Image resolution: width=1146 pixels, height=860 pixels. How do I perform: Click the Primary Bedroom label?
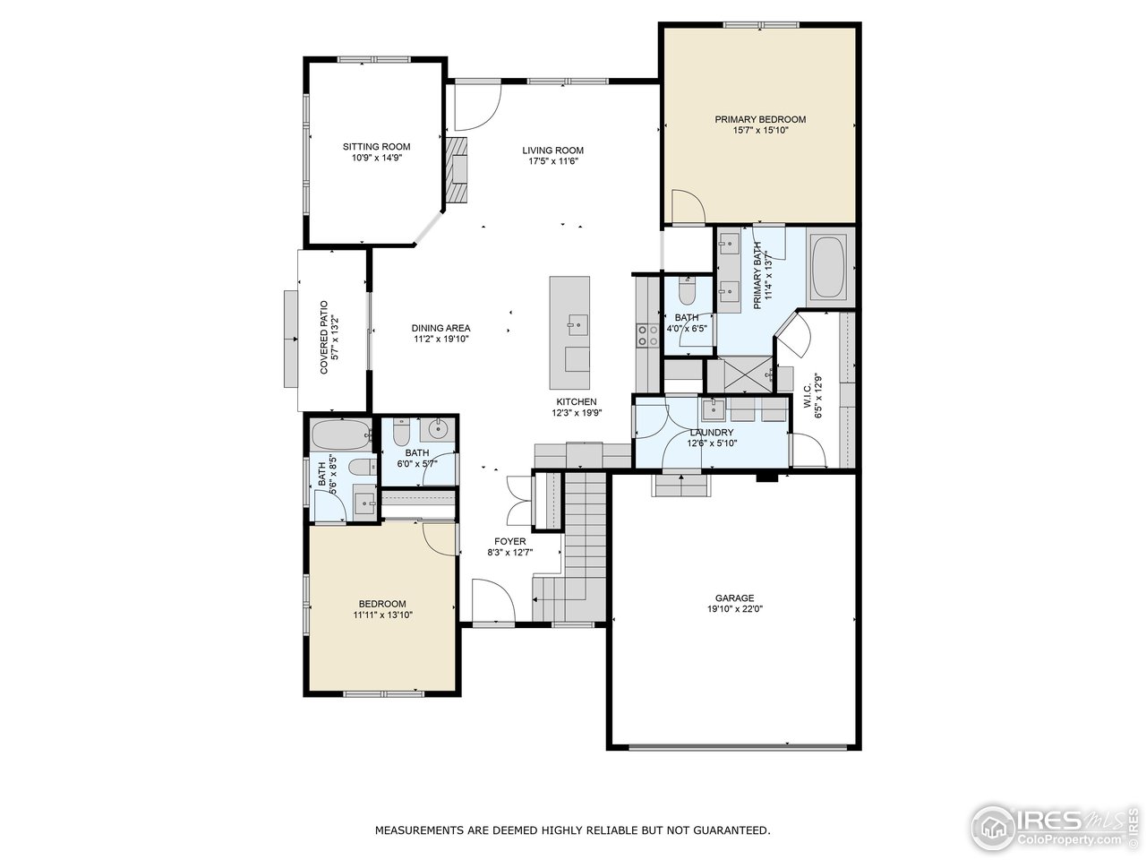point(759,119)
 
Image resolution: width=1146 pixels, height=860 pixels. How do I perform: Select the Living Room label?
point(552,150)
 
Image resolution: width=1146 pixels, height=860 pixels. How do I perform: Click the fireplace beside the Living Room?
point(458,169)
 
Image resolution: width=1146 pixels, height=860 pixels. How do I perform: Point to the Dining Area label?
point(440,328)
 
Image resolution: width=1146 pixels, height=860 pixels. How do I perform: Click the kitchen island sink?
point(577,322)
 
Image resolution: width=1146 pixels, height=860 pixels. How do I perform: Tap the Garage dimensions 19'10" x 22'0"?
point(733,608)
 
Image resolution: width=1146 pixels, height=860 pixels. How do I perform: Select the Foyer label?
point(509,541)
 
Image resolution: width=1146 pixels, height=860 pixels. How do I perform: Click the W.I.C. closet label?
point(807,395)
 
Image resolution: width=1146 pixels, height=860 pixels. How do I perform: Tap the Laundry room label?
point(711,433)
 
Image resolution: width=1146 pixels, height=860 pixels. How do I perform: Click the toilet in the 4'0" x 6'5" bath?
point(687,292)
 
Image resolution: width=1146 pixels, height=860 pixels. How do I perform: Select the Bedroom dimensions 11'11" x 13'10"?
point(382,615)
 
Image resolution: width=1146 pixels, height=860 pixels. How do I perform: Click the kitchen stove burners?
point(645,334)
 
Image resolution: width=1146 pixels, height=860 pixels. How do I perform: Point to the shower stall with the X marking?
point(740,375)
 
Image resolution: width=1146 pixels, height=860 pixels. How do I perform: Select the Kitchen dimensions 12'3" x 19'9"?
point(576,413)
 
